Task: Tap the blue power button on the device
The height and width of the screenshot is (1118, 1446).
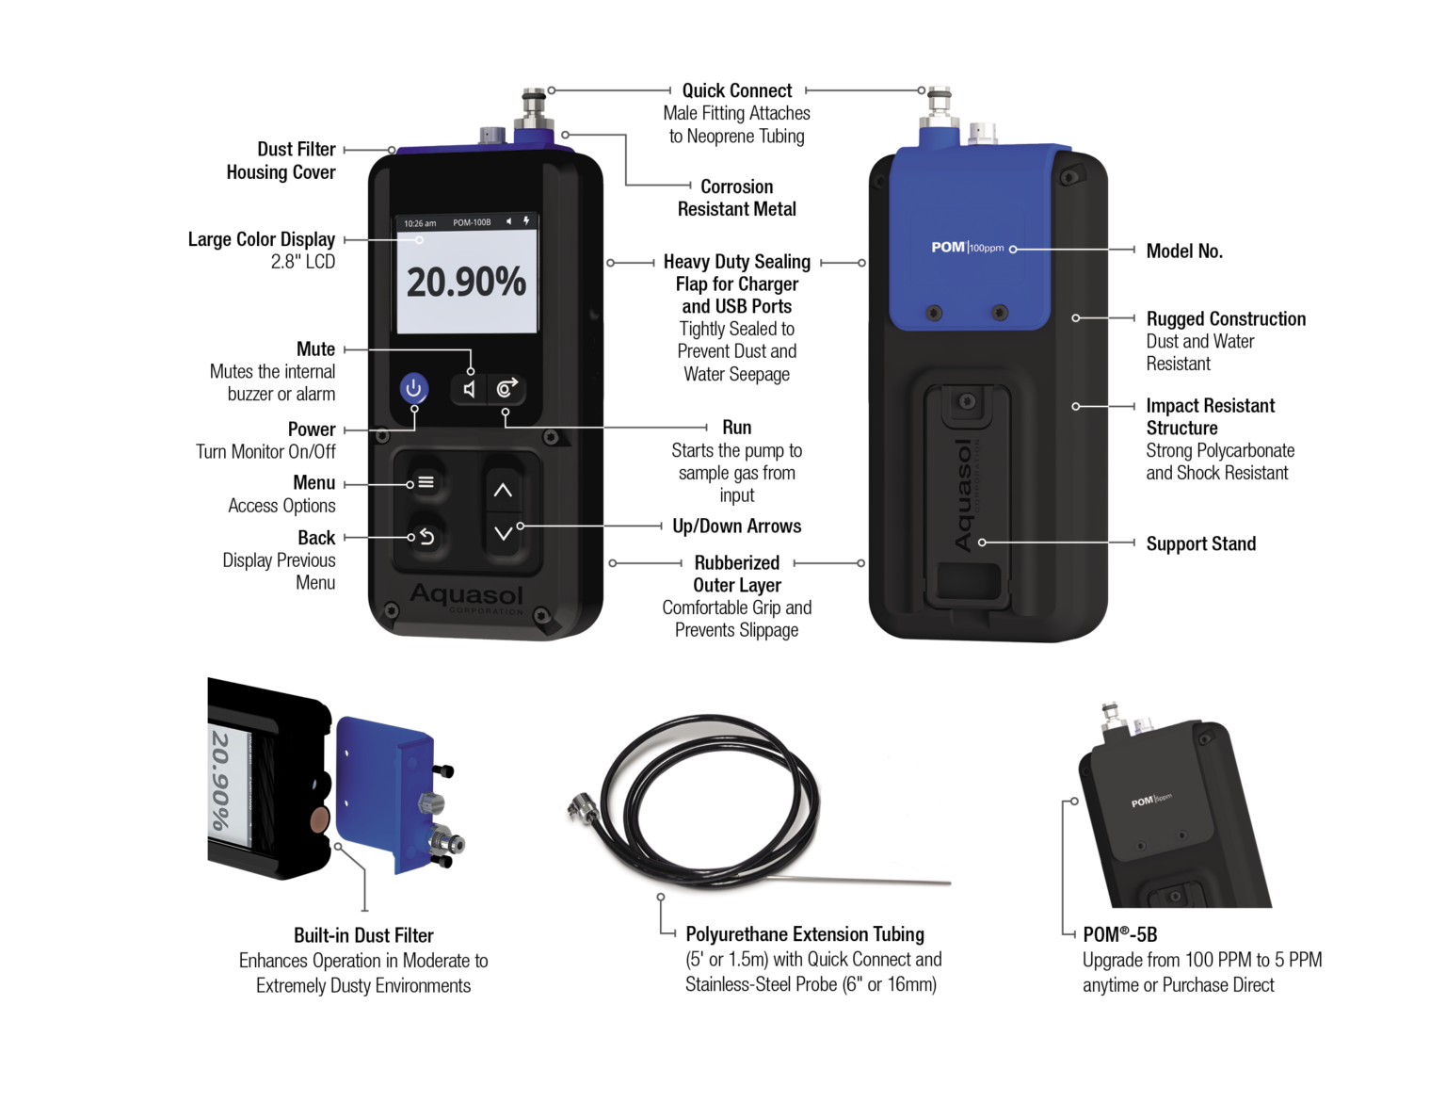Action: (x=413, y=388)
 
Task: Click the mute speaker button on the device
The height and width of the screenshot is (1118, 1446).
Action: (x=469, y=389)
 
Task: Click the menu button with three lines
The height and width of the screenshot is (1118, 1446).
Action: (x=426, y=482)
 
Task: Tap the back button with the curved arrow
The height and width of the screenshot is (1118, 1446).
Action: (x=426, y=536)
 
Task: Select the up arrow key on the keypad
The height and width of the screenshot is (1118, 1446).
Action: (x=503, y=491)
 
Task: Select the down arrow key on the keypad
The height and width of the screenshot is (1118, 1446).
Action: (x=504, y=533)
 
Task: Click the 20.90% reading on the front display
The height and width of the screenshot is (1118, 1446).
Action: (x=467, y=283)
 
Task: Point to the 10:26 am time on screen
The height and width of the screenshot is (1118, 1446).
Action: (x=420, y=223)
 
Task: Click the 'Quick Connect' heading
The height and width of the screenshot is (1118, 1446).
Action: (x=736, y=90)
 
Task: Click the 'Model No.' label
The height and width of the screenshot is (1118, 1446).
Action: (x=1184, y=251)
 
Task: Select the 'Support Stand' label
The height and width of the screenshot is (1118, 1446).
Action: (x=1201, y=543)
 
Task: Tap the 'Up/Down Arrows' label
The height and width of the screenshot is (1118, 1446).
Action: (x=736, y=526)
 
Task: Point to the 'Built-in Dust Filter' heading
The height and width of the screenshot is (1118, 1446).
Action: (x=363, y=935)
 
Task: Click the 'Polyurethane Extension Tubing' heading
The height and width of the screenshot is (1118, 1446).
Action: (x=805, y=934)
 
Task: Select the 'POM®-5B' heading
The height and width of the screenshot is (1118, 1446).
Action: (x=1120, y=934)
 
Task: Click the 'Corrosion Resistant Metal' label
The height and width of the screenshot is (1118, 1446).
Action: (x=736, y=198)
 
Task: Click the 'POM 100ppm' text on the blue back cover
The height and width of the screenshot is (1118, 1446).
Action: (x=968, y=248)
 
